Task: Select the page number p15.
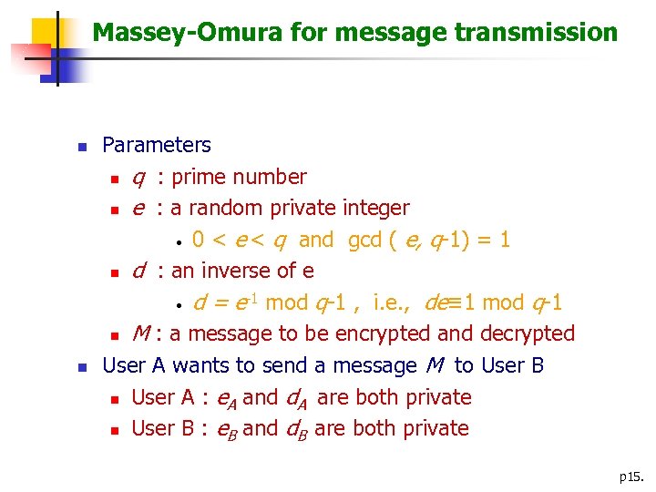coord(631,477)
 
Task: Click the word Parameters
coord(156,145)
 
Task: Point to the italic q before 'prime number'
coord(138,178)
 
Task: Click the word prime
coord(198,177)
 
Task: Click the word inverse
coord(246,271)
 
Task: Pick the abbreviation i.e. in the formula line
coord(394,302)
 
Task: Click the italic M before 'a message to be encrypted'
coord(140,334)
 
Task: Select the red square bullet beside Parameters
coord(80,146)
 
